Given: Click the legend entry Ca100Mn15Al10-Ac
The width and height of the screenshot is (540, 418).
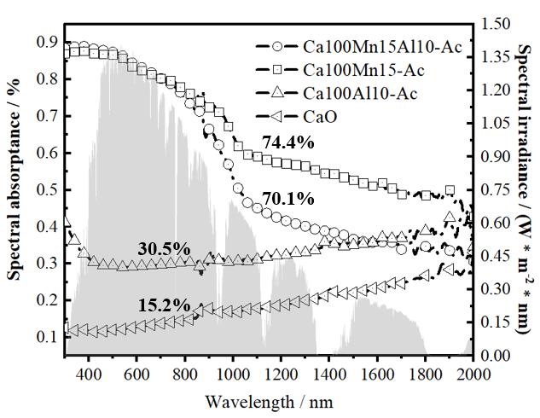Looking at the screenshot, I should point(383,46).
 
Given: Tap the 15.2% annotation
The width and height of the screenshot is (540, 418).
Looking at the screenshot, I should point(163,304).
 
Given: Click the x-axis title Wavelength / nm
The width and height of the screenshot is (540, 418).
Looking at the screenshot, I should point(270,400).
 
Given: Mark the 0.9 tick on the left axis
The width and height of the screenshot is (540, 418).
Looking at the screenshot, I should point(49,42).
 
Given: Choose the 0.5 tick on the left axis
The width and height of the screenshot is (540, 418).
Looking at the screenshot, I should point(49,189).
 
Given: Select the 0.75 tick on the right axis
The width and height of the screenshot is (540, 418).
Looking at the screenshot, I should point(496,190).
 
